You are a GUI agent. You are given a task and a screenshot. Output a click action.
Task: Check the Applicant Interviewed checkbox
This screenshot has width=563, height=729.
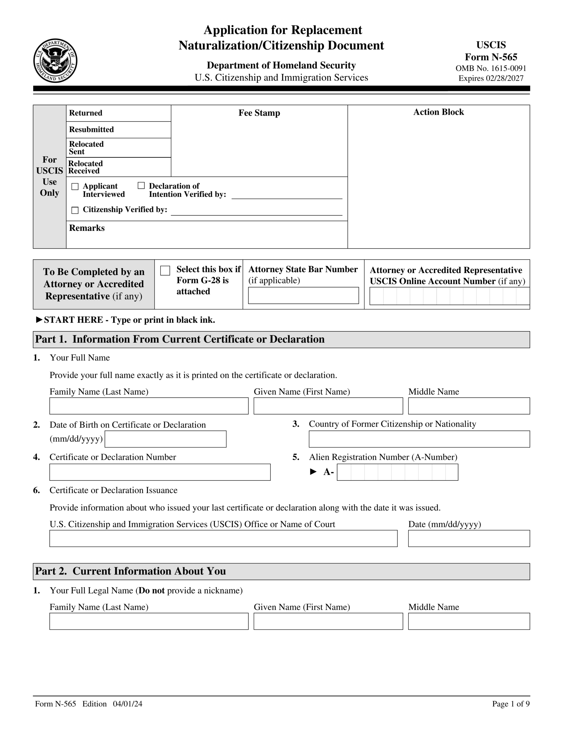(75, 187)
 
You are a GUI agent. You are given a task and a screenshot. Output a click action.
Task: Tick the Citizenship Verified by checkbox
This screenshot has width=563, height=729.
(75, 210)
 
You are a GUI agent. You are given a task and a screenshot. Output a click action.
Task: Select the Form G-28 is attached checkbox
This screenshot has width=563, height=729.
(165, 270)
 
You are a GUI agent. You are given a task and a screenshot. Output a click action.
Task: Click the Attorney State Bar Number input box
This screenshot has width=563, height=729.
(303, 295)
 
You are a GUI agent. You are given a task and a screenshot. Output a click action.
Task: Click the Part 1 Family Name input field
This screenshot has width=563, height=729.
(149, 406)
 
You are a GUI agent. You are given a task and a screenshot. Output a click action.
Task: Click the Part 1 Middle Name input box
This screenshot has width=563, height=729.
(469, 406)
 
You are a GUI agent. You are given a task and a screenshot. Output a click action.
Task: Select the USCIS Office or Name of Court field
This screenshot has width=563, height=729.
(223, 538)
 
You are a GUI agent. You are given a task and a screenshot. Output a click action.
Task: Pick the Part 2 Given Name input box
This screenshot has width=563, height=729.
(328, 621)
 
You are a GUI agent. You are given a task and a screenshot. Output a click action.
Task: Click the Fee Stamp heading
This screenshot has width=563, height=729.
(259, 113)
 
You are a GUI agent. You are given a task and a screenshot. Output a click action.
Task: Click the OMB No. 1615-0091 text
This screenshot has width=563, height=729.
(491, 68)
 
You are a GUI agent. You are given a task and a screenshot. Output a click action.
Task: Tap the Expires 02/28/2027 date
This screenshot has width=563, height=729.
(491, 78)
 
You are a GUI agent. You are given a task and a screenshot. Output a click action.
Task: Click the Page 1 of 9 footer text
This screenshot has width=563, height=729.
(510, 704)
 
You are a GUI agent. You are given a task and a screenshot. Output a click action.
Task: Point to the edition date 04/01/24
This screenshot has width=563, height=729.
(128, 704)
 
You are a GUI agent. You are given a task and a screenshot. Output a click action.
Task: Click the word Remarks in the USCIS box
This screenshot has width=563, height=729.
(87, 228)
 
